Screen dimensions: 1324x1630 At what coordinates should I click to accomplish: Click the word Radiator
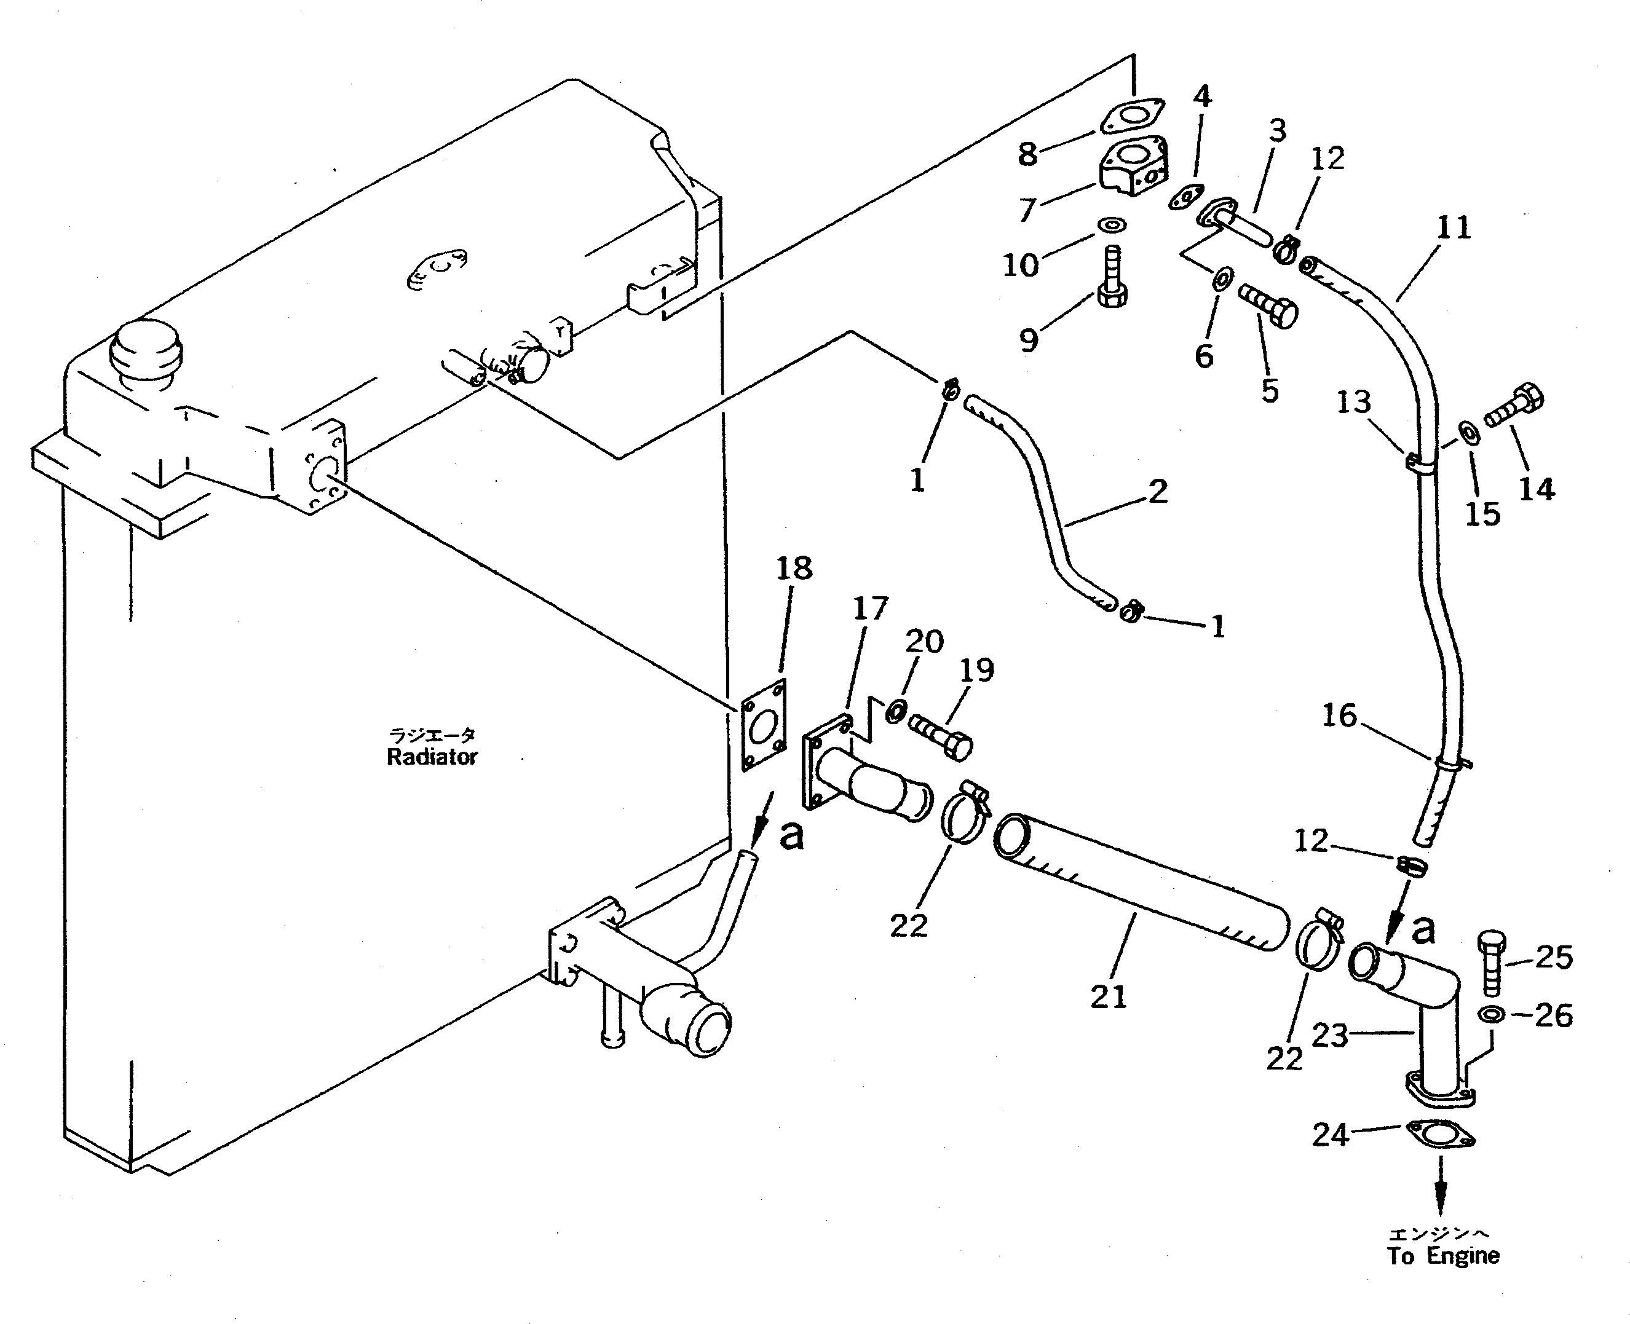tap(432, 757)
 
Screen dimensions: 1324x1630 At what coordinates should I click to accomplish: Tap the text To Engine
tap(1443, 1255)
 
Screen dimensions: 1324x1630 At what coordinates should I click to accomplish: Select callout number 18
tap(794, 569)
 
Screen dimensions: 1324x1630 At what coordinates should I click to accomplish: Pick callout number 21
tap(1108, 996)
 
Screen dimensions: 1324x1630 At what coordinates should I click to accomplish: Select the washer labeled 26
tap(1490, 1015)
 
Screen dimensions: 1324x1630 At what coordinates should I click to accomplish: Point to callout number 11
tap(1453, 228)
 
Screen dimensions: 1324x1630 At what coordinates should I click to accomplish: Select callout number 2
tap(1157, 491)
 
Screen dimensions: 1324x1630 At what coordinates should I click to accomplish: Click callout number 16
tap(1339, 716)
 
